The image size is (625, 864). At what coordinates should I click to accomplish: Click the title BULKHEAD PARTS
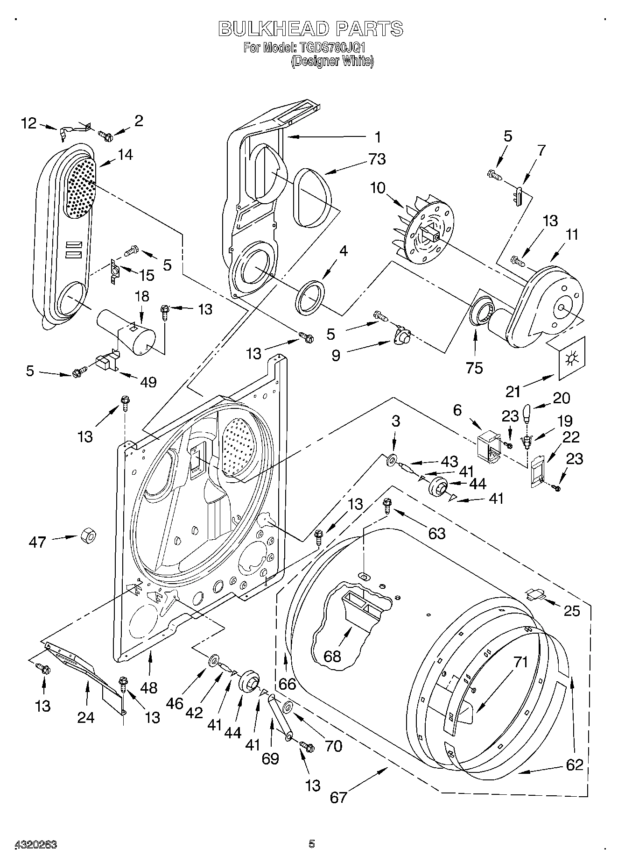[x=311, y=29]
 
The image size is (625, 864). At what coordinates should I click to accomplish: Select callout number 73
[x=377, y=159]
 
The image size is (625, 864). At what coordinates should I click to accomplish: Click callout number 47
[x=37, y=542]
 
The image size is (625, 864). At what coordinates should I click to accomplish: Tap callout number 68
[x=333, y=657]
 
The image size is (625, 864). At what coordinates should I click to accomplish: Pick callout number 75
[x=474, y=368]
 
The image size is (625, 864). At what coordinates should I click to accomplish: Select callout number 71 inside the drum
[x=520, y=662]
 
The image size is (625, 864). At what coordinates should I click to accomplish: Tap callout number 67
[x=338, y=796]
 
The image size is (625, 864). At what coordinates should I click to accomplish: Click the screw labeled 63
[x=387, y=505]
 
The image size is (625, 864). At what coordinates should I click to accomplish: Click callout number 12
[x=28, y=123]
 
